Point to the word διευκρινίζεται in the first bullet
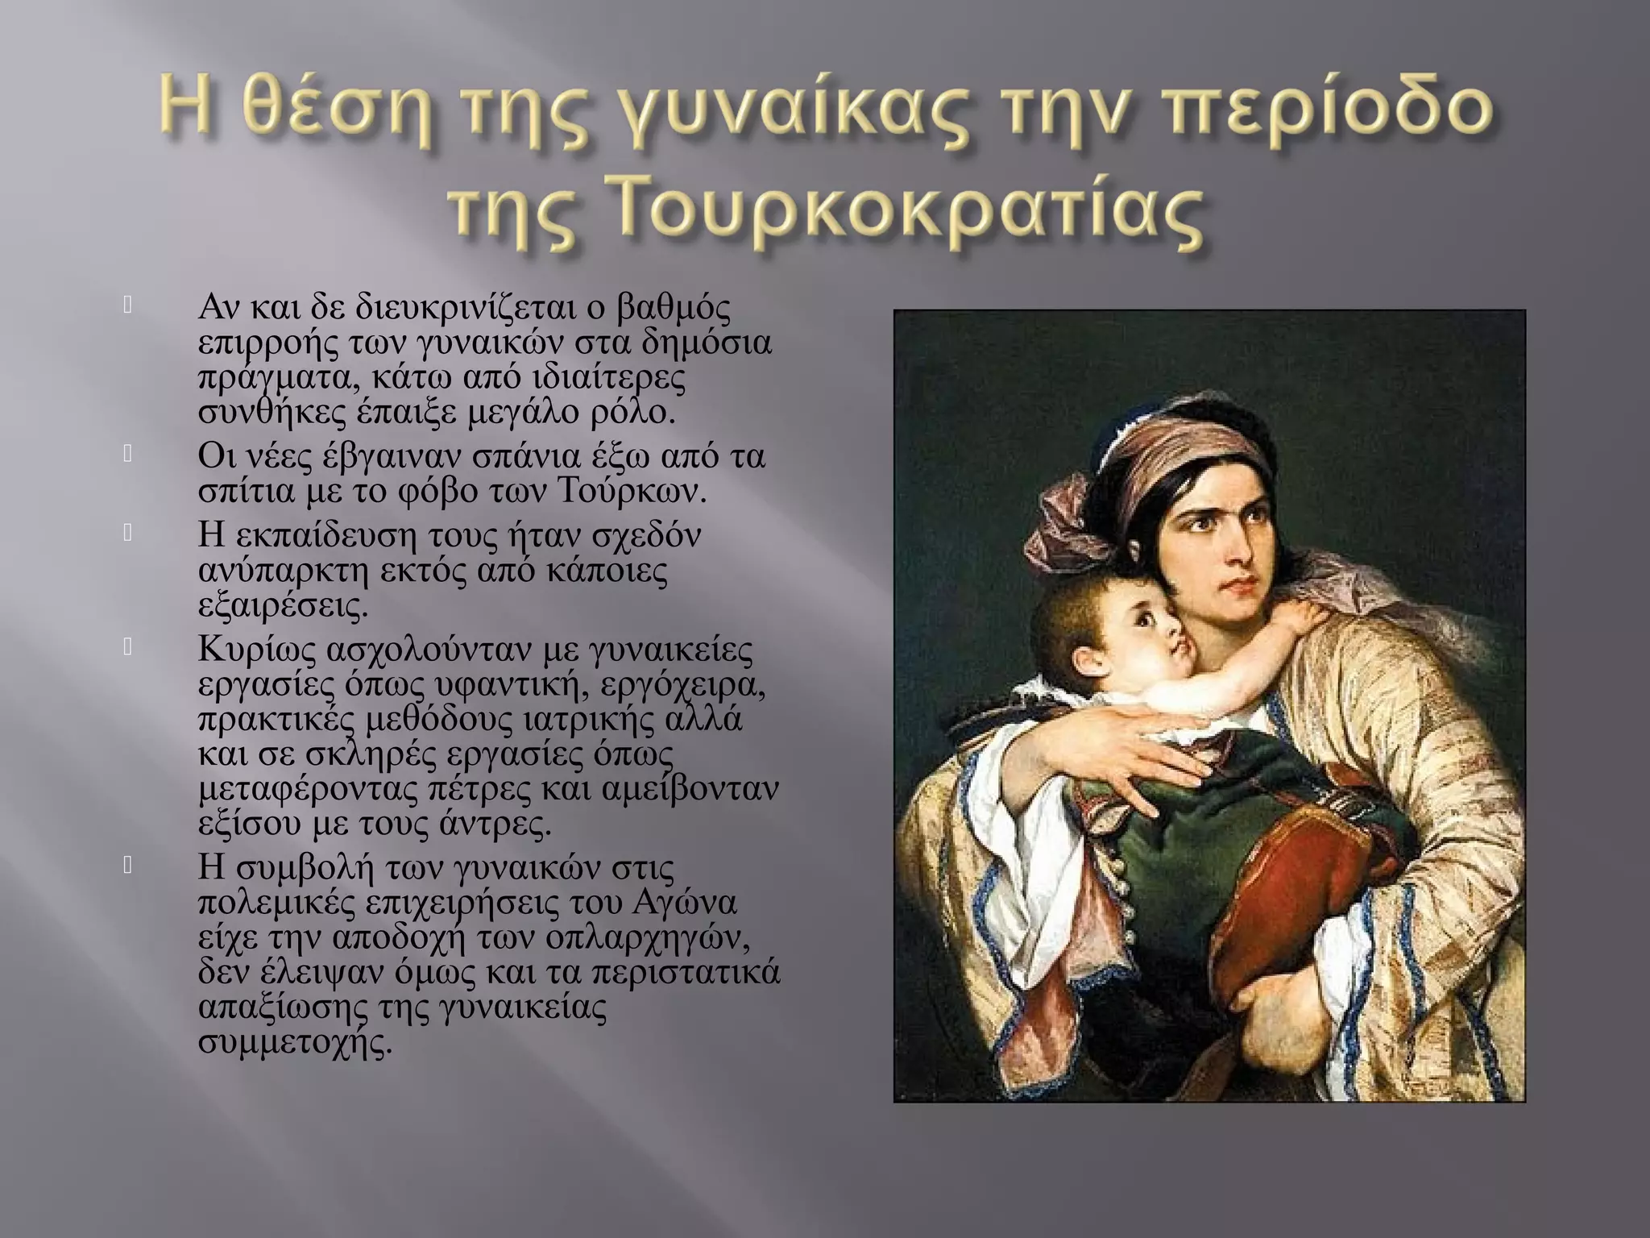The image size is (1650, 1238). [454, 307]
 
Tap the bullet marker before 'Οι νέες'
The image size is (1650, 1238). [126, 455]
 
